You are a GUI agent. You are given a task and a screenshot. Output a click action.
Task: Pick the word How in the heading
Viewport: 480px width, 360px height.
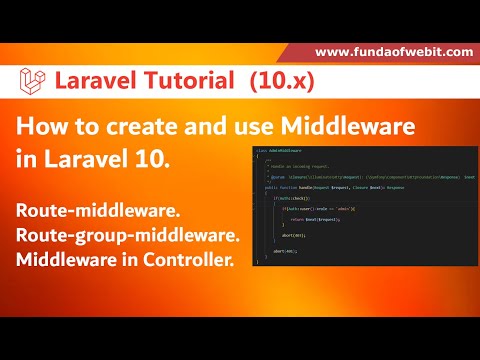(x=39, y=127)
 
